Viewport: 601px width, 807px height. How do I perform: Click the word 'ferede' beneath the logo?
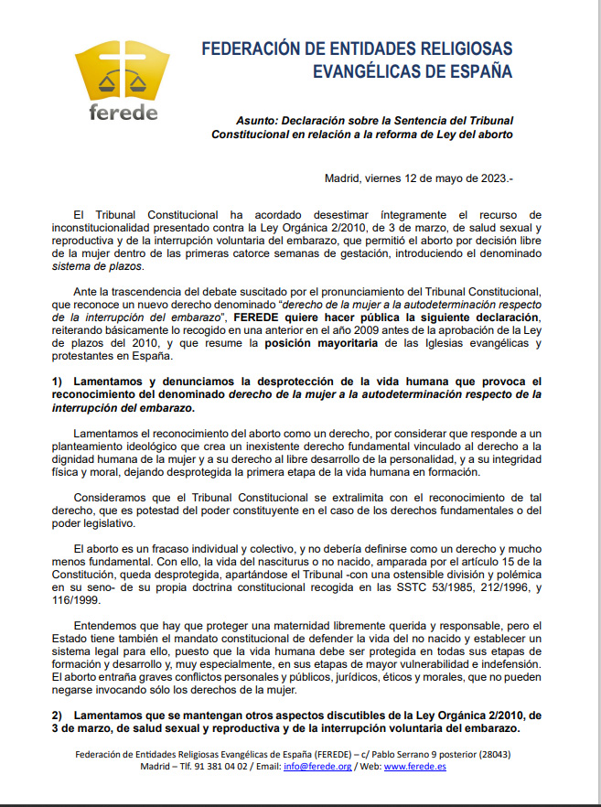(x=123, y=113)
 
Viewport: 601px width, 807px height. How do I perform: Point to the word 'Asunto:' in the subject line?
(x=255, y=120)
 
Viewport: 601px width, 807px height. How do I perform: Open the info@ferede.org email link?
(x=329, y=767)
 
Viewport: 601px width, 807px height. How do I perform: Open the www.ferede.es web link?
(x=415, y=767)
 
